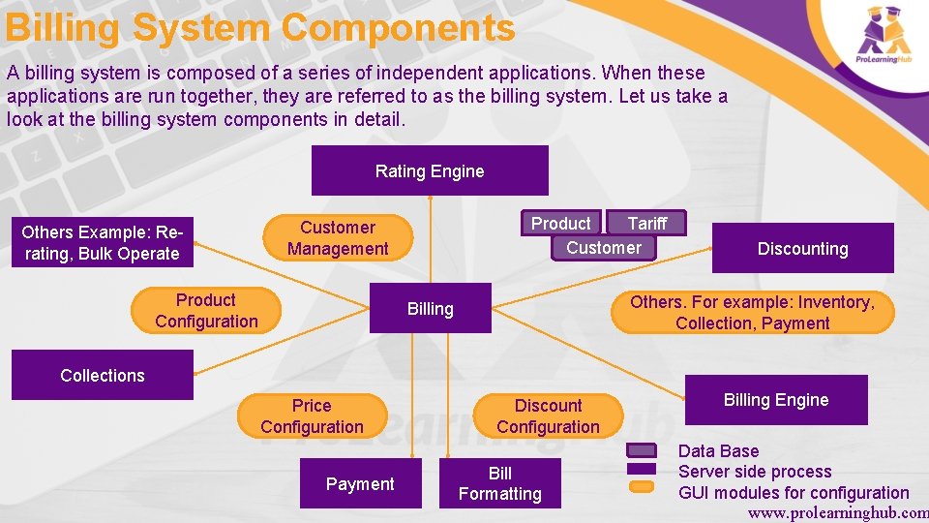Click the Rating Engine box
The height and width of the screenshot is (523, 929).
click(x=430, y=171)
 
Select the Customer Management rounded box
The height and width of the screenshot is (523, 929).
click(x=337, y=238)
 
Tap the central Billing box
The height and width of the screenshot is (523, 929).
click(x=431, y=309)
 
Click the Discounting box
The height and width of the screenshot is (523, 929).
click(x=802, y=249)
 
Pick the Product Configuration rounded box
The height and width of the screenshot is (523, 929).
click(x=206, y=311)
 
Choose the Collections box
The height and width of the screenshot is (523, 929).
click(x=102, y=376)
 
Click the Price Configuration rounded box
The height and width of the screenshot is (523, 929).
click(x=312, y=416)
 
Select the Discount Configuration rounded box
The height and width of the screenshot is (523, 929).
click(x=548, y=416)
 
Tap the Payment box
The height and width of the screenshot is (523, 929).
click(x=360, y=484)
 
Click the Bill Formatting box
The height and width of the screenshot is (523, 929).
click(x=499, y=484)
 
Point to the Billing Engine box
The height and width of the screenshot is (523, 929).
click(x=776, y=400)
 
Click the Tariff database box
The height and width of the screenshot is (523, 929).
click(x=647, y=223)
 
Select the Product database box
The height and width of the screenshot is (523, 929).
click(x=560, y=223)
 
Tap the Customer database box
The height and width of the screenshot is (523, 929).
click(x=604, y=248)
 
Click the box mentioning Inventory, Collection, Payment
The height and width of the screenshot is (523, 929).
click(x=752, y=313)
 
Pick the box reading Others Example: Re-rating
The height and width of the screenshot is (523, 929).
click(x=101, y=243)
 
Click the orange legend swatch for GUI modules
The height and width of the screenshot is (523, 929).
click(x=642, y=486)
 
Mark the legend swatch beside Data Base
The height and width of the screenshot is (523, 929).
click(x=642, y=450)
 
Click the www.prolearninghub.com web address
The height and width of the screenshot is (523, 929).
click(x=837, y=513)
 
